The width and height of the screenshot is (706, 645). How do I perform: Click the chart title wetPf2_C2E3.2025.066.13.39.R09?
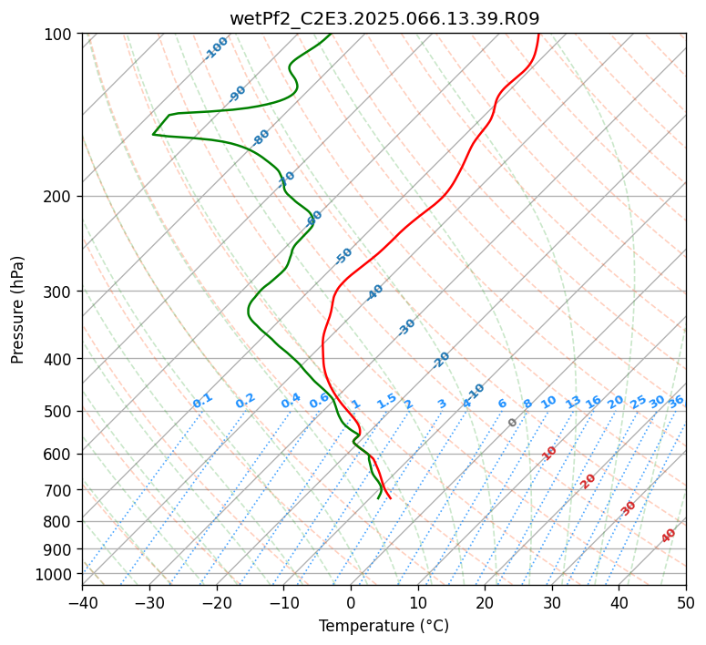pos(384,18)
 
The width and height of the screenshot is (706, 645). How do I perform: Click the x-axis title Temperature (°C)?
pos(384,627)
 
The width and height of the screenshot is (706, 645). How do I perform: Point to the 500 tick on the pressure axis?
pos(60,412)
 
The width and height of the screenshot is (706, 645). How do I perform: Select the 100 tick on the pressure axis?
pos(60,35)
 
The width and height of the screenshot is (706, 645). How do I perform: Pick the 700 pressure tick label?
pos(60,490)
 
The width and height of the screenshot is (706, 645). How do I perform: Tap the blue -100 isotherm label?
pos(216,48)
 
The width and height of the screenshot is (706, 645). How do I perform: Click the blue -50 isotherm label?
pos(343,256)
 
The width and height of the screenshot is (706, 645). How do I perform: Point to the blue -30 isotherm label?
pos(406,327)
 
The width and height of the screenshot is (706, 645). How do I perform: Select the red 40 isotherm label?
pos(669,536)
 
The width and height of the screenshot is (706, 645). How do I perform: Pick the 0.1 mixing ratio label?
pos(202,400)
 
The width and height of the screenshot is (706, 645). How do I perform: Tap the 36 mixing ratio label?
pos(676,401)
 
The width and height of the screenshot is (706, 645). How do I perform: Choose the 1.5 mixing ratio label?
pos(386,401)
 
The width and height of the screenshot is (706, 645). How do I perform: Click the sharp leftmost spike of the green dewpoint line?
pos(153,135)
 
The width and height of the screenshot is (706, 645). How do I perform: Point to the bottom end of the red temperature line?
pos(391,497)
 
